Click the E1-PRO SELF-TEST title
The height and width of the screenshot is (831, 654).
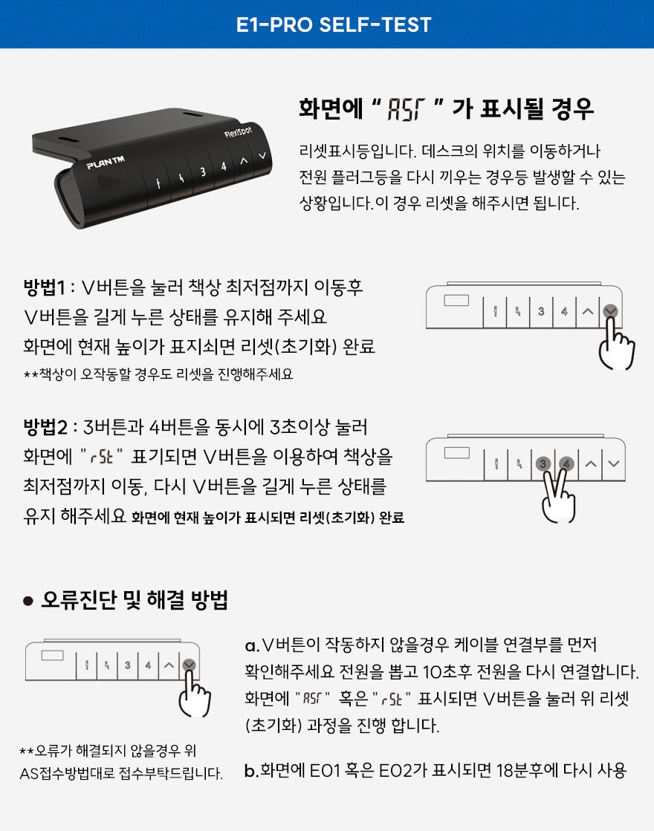pos(334,25)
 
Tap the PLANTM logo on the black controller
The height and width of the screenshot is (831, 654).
pos(106,162)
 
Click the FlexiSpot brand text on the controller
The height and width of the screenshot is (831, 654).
pos(238,131)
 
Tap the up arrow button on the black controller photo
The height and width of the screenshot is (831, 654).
pos(244,160)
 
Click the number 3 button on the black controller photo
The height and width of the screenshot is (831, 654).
pos(203,172)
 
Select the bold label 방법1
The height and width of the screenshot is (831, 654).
pos(44,287)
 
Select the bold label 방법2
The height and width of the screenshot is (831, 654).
pos(45,426)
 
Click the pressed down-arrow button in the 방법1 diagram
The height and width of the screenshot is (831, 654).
pos(610,310)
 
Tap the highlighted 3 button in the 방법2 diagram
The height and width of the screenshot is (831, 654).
pos(543,464)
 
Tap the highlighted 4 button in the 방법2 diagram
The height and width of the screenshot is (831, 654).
pos(566,464)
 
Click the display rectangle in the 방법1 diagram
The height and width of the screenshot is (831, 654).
pos(456,301)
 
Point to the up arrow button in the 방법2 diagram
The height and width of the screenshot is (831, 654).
pos(590,463)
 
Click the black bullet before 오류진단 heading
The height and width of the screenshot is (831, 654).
pos(28,601)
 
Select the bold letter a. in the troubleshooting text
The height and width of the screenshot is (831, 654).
pos(252,645)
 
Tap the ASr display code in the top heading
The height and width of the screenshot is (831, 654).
pos(407,109)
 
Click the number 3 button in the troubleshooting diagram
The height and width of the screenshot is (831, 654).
pos(127,665)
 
